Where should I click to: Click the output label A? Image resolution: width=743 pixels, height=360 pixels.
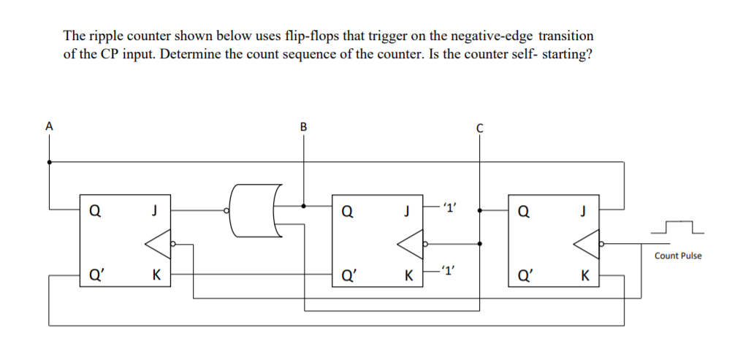point(49,126)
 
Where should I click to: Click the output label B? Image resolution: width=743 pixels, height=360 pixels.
point(303,126)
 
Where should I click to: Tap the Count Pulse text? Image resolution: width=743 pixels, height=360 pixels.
point(677,256)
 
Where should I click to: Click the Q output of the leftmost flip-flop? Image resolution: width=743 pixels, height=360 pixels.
point(95,212)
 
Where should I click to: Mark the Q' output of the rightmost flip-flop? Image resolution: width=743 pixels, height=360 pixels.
point(525,276)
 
